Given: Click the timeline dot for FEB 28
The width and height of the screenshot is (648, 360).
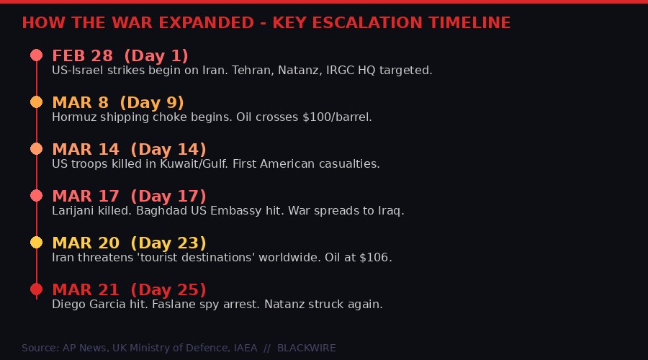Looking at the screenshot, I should pyautogui.click(x=37, y=55).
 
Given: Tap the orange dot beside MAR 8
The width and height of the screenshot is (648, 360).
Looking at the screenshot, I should pyautogui.click(x=37, y=102).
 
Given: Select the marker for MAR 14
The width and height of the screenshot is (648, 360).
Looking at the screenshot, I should pyautogui.click(x=37, y=149).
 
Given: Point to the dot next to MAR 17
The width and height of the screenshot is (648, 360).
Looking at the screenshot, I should pyautogui.click(x=37, y=196).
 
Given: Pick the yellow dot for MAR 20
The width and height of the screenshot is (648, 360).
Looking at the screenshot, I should pyautogui.click(x=37, y=243).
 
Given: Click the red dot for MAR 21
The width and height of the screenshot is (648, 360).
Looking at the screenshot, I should pyautogui.click(x=37, y=289).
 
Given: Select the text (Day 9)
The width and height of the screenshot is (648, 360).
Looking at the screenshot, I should pyautogui.click(x=152, y=102).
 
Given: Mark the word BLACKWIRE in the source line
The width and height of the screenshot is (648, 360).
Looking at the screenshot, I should pyautogui.click(x=306, y=348).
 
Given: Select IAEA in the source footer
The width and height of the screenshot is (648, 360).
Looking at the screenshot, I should pyautogui.click(x=245, y=348).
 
